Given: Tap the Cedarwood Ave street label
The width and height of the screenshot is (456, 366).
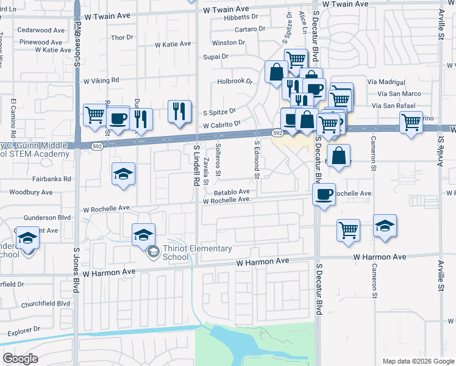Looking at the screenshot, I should pyautogui.click(x=41, y=30).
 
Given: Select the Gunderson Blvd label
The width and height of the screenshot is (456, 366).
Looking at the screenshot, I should pyautogui.click(x=48, y=218).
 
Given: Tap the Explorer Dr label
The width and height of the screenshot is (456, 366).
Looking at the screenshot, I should pyautogui.click(x=24, y=332).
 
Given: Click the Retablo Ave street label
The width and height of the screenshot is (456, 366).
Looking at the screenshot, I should pyautogui.click(x=232, y=192).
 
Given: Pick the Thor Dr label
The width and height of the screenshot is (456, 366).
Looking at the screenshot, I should pyautogui.click(x=122, y=38).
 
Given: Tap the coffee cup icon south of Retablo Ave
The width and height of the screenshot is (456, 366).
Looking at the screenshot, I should pyautogui.click(x=324, y=194).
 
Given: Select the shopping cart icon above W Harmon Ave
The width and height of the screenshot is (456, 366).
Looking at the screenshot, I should pyautogui.click(x=348, y=230).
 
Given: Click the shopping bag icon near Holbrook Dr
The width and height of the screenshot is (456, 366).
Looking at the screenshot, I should pyautogui.click(x=276, y=72).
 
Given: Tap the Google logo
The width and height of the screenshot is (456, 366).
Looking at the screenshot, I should pyautogui.click(x=21, y=359).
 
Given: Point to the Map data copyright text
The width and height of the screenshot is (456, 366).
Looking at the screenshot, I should pyautogui.click(x=418, y=361).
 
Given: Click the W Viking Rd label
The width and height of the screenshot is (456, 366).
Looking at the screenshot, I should pyautogui.click(x=101, y=81).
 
